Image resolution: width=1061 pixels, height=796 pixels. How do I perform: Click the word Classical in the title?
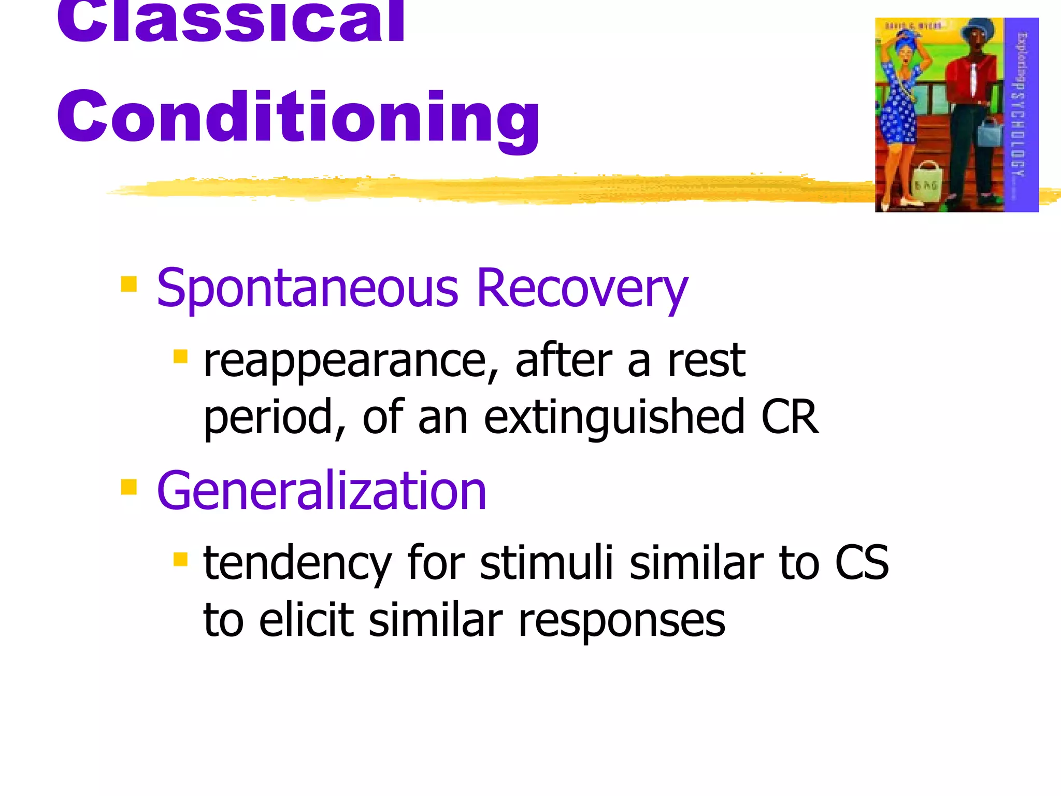[x=231, y=21]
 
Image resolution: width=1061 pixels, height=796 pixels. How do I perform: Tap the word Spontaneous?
[x=307, y=289]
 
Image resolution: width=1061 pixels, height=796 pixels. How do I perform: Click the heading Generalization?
[x=321, y=491]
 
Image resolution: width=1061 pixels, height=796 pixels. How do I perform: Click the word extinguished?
[x=614, y=418]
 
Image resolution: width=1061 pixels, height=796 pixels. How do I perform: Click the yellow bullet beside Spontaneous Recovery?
[x=128, y=284]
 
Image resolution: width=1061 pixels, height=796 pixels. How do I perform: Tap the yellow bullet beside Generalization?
[x=128, y=487]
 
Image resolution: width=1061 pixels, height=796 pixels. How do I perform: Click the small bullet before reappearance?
[x=180, y=357]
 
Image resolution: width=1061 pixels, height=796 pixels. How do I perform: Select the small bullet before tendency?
[x=180, y=559]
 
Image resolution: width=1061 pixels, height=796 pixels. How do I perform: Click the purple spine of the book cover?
[x=1021, y=114]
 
